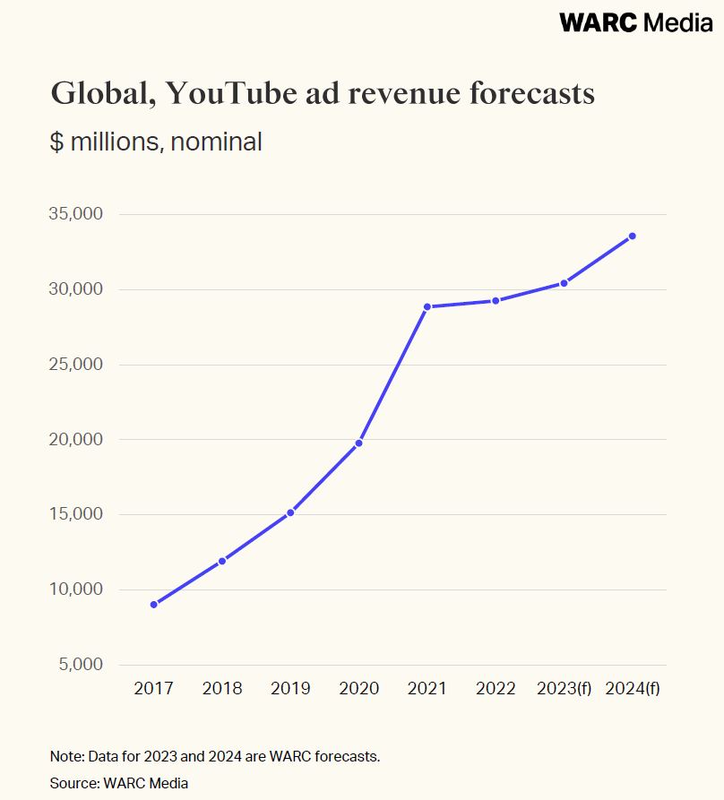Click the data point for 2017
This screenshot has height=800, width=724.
tap(154, 605)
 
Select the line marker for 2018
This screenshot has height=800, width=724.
tap(222, 561)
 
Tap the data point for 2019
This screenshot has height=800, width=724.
tap(290, 512)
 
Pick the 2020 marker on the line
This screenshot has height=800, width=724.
tap(359, 443)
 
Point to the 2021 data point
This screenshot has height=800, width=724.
tap(427, 306)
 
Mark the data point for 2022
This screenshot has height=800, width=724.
tap(496, 300)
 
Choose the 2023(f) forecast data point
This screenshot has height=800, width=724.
tap(565, 283)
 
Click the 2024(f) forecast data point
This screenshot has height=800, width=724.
tap(633, 236)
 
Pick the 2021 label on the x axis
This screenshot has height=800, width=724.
tap(427, 689)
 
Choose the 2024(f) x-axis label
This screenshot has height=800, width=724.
tap(633, 689)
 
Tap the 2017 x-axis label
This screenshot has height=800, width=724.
tap(154, 689)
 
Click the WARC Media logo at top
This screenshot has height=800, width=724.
tap(635, 23)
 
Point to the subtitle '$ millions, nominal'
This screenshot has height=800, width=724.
tap(156, 142)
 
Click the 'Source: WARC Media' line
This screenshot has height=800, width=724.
tap(119, 783)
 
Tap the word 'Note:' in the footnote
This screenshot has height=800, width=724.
tap(66, 756)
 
